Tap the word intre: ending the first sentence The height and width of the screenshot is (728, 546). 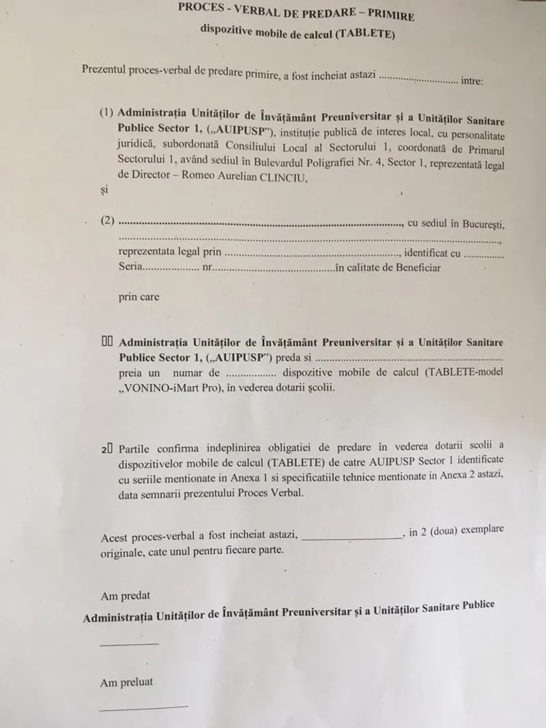(x=472, y=81)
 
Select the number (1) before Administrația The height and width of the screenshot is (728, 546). (x=106, y=113)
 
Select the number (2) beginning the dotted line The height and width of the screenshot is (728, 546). (x=106, y=221)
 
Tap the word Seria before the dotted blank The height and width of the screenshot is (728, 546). (x=131, y=267)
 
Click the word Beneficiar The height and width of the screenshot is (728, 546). (x=413, y=267)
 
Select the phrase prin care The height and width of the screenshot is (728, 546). (x=139, y=297)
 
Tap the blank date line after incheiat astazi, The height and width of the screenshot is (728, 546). (x=351, y=537)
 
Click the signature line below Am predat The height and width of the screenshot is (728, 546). (x=129, y=643)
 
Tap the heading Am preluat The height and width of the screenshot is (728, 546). (x=126, y=682)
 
